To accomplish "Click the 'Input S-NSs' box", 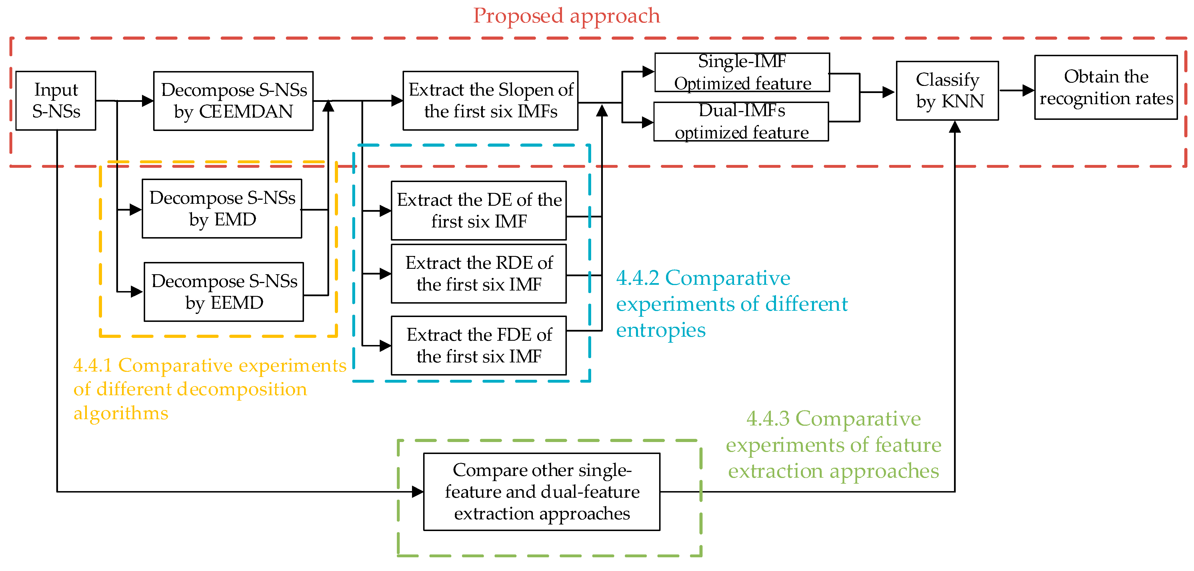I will pos(56,100).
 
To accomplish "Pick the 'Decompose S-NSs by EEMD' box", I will pos(224,292).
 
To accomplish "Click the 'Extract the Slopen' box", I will pos(490,100).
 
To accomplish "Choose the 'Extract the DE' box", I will pos(479,210).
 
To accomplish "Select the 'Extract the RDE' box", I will pos(479,274).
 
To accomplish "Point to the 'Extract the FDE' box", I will pos(479,346).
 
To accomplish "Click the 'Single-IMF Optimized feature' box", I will pos(742,72).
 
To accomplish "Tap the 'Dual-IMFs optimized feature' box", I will pos(741,121).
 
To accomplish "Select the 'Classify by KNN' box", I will pos(947,91).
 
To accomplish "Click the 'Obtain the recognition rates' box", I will pos(1106,88).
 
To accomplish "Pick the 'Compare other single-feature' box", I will pos(542,491).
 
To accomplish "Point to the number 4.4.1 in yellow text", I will pos(93,365).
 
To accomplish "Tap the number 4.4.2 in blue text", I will pos(637,278).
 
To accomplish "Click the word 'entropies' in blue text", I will pos(661,330).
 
